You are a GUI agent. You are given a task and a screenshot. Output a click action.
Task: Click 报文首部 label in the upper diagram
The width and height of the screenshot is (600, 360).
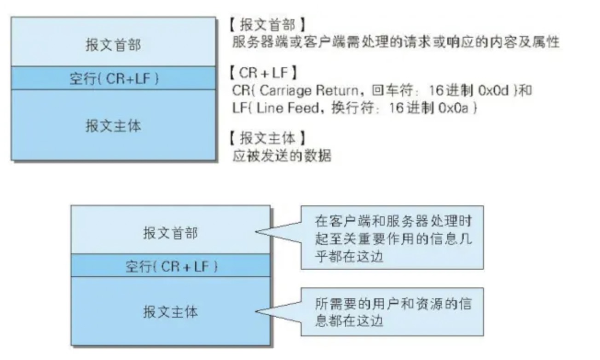click(x=113, y=45)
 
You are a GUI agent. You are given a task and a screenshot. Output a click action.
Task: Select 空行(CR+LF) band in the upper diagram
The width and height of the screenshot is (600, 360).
click(x=113, y=78)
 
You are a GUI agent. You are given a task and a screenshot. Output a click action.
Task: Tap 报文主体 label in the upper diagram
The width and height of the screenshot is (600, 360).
click(x=113, y=125)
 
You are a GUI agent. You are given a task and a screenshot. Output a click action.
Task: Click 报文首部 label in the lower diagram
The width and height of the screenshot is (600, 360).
click(x=170, y=233)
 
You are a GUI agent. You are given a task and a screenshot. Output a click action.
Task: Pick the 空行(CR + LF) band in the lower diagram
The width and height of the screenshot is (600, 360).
click(x=171, y=266)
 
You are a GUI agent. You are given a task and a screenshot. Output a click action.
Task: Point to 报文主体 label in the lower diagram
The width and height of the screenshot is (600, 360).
click(x=170, y=312)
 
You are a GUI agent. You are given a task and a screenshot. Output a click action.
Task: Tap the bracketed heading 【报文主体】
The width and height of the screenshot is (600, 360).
click(x=267, y=138)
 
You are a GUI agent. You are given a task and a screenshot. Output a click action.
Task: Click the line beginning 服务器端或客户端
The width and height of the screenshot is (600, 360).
click(x=396, y=43)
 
